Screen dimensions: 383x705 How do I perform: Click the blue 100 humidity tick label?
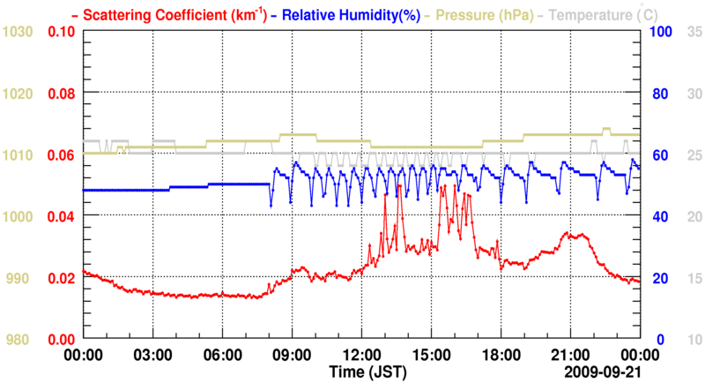(661, 32)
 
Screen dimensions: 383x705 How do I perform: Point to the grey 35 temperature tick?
(693, 32)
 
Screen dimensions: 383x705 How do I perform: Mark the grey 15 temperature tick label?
(693, 278)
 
